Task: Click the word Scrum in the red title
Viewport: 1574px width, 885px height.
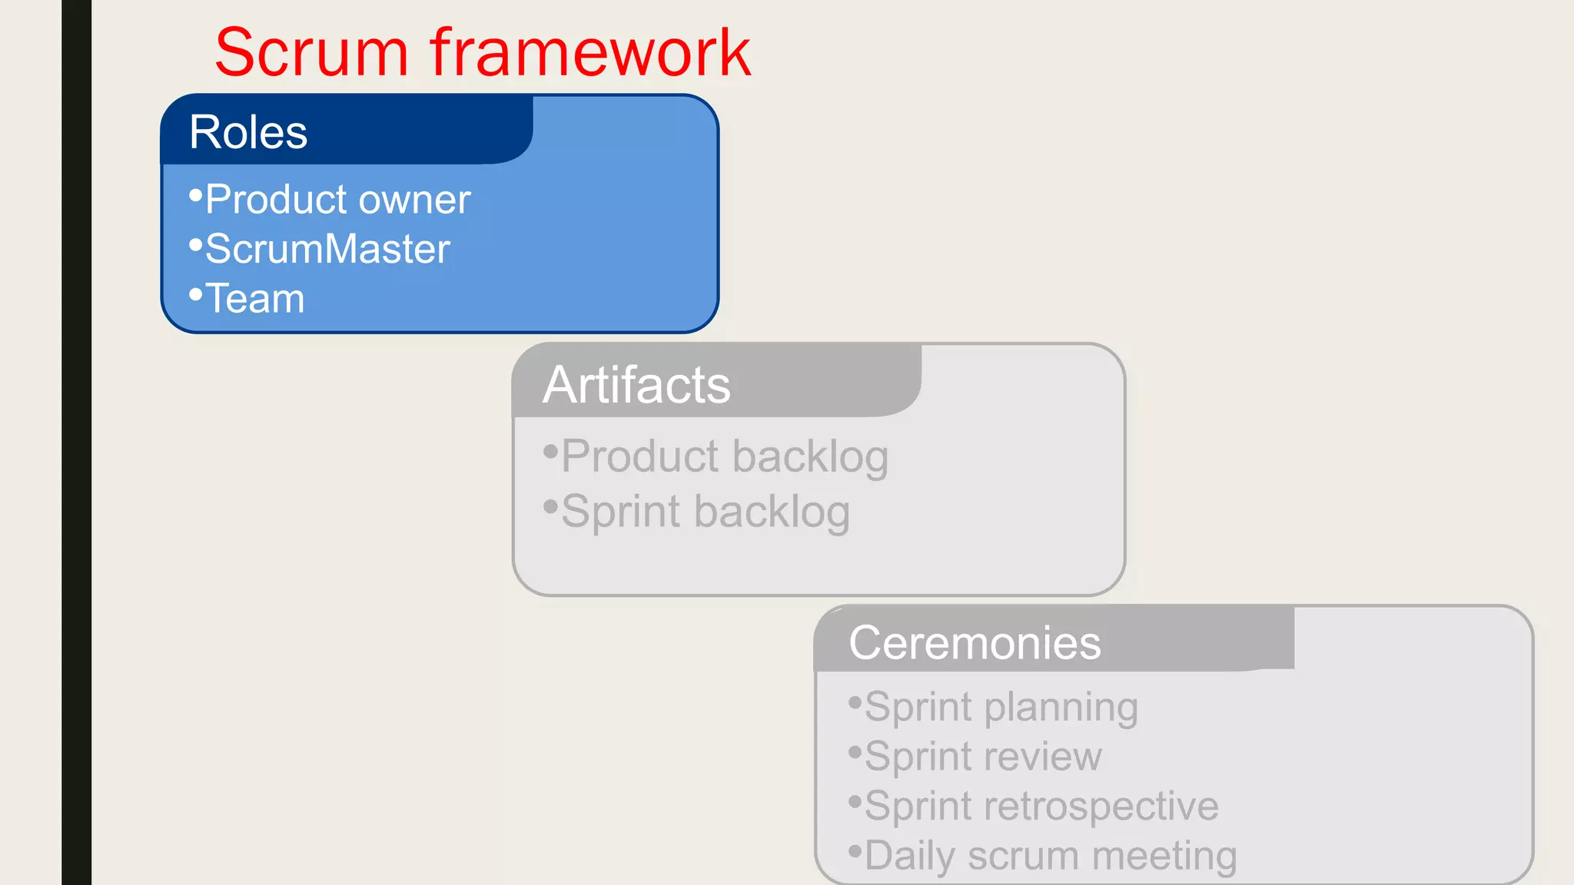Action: point(310,53)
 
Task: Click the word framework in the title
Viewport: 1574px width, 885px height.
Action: point(590,53)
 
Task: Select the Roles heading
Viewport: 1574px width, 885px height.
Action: point(248,132)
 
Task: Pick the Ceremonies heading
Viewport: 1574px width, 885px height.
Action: point(975,642)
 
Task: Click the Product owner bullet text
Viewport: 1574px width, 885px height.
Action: point(337,200)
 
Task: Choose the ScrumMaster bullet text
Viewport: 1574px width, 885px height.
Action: point(327,249)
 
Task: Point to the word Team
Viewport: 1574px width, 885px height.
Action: point(255,298)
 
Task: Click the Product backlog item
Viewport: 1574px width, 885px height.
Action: point(725,456)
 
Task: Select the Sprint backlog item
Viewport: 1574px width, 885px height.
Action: point(706,512)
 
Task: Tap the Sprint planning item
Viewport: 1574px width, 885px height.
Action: point(1001,707)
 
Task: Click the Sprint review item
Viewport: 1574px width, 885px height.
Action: point(983,756)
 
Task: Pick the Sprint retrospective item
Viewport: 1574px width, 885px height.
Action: point(1041,806)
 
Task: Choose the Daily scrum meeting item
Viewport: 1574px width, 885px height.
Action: point(1051,856)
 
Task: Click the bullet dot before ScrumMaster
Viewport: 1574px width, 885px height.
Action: point(195,245)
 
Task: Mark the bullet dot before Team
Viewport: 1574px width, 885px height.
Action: point(195,294)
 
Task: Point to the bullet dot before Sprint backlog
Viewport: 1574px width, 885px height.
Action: point(550,506)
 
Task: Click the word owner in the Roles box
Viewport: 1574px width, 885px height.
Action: point(415,200)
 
